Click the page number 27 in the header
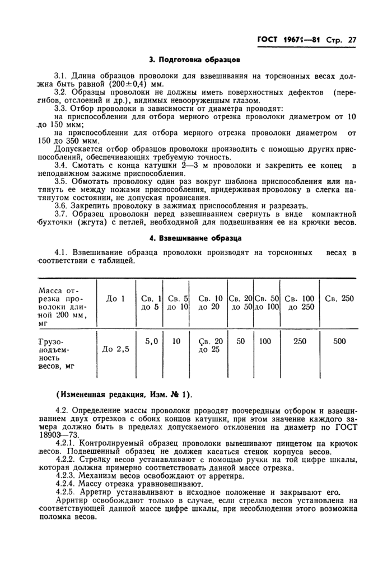pos(352,40)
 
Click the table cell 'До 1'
pos(115,299)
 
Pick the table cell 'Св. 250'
pos(339,298)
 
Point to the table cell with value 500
pos(339,341)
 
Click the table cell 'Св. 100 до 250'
pos(300,303)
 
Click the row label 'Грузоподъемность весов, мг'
pos(54,354)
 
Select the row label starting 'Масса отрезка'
pos(56,306)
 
